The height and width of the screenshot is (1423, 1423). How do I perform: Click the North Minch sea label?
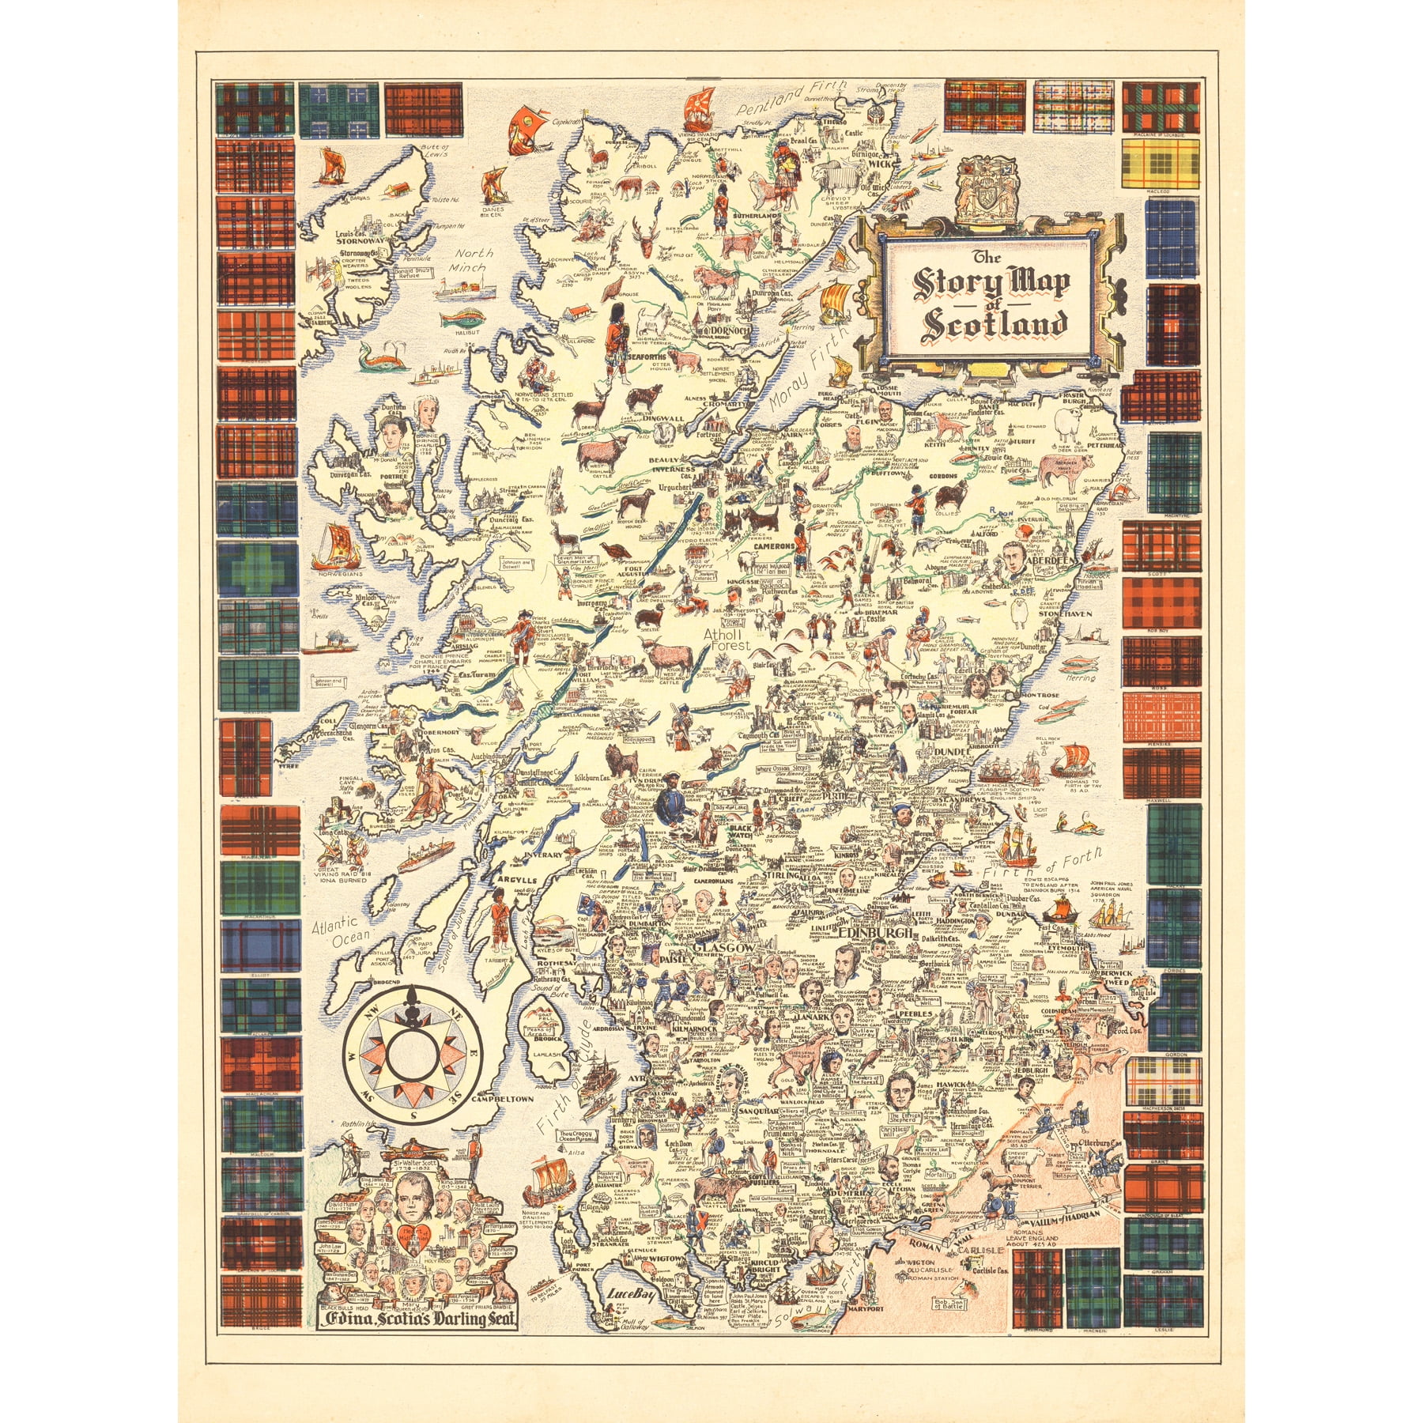(x=474, y=260)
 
